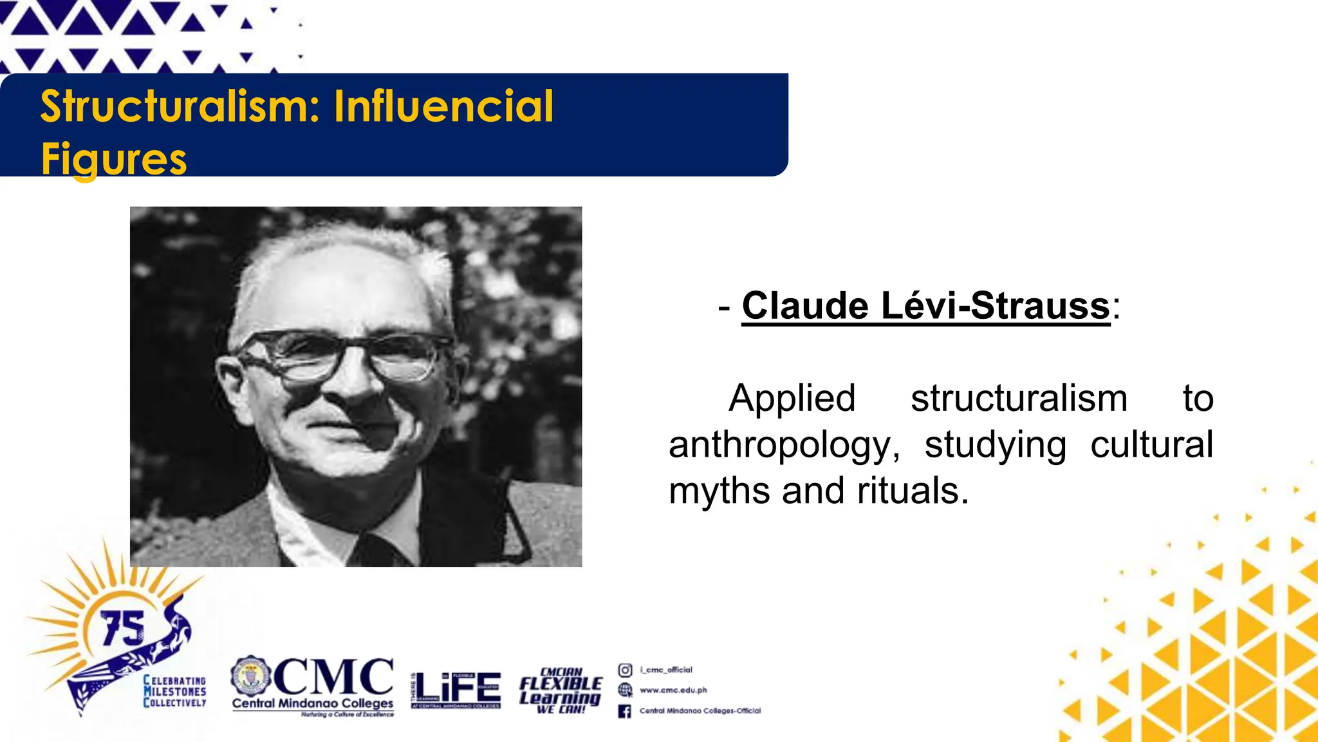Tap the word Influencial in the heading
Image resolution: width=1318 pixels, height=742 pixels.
click(x=443, y=106)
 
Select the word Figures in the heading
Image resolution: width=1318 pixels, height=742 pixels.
click(x=114, y=158)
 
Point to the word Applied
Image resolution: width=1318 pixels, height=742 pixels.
click(x=792, y=398)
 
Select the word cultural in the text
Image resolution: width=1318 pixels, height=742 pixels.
click(x=1151, y=444)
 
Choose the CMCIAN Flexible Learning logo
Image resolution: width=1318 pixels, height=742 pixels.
click(x=561, y=690)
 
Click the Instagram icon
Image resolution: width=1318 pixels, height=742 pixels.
click(x=625, y=670)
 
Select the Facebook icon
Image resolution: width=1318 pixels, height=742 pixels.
click(x=624, y=711)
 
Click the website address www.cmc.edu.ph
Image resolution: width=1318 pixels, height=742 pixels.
click(x=673, y=690)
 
